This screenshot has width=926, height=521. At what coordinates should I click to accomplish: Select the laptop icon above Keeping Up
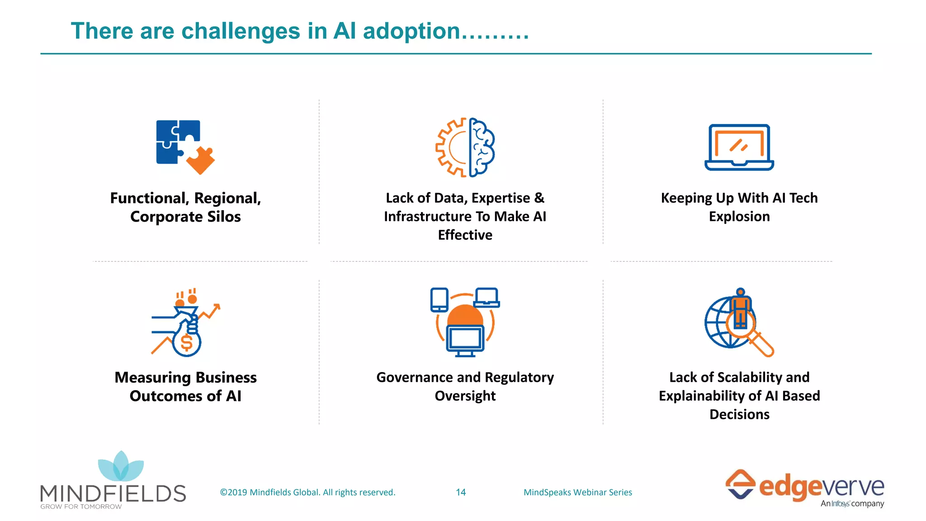pos(739,147)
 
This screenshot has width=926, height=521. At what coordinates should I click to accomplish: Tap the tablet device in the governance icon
pos(439,300)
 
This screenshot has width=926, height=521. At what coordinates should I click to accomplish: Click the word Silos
pos(224,217)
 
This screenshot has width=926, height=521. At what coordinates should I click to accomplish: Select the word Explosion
pos(739,217)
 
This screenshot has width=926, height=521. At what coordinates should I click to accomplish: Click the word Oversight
pos(465,396)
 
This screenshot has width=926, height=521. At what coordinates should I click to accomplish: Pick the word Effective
pos(465,235)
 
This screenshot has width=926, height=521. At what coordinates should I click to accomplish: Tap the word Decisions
pos(739,414)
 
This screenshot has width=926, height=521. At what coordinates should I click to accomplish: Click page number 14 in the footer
pos(461,492)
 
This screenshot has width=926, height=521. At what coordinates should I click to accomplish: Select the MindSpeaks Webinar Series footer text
pos(577,492)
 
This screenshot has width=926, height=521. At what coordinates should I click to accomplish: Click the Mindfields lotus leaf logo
pos(121,467)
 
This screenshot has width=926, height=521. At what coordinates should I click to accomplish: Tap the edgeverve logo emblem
pos(740,484)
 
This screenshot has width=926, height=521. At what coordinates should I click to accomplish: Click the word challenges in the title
pos(241,31)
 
